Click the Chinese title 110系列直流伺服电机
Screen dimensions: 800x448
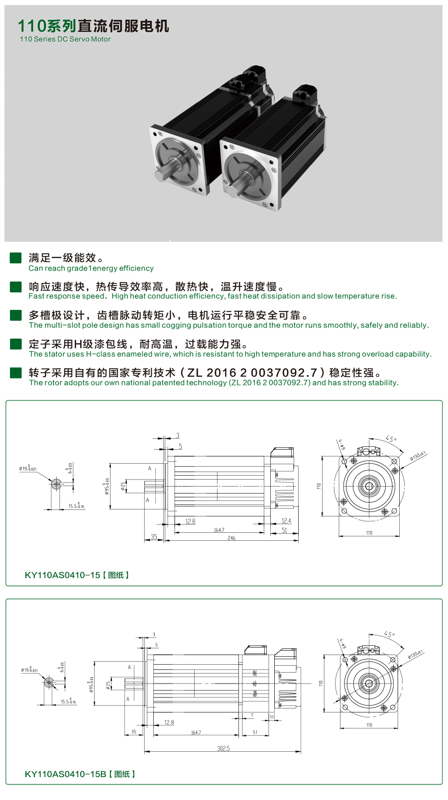(x=93, y=26)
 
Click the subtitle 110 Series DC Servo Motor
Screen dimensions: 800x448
(x=65, y=39)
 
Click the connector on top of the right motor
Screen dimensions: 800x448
(x=305, y=95)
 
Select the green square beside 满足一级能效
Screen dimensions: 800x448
(x=16, y=258)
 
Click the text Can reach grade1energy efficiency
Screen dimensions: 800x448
(x=91, y=269)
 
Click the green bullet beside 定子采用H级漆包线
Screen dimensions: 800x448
(x=16, y=344)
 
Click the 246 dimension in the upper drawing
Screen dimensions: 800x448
(x=231, y=538)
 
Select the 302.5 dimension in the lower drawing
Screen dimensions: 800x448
(x=224, y=749)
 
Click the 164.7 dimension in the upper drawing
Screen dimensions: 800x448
(x=219, y=530)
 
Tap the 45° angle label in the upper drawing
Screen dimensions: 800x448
(x=391, y=439)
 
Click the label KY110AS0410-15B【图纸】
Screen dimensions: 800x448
(x=80, y=774)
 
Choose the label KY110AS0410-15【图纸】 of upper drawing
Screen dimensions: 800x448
(x=77, y=575)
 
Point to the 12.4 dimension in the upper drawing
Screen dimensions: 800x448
(x=286, y=521)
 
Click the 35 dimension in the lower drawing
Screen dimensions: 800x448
(x=133, y=732)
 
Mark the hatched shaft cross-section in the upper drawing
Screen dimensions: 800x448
(x=56, y=484)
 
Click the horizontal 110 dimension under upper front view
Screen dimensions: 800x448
(x=369, y=533)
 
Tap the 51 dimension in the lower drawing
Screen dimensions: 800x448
(x=255, y=732)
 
